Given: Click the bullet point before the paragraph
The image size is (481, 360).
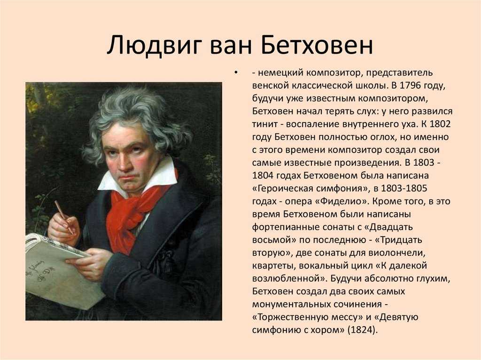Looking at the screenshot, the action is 236,73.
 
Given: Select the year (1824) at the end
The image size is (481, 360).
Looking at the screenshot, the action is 363,330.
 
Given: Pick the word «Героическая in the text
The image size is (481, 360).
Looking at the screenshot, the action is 282,189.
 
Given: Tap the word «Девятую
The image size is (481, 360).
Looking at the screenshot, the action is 396,317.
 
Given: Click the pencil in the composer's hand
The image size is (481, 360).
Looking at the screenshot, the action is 64,217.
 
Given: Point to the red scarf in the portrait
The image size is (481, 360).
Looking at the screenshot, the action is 135,212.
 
